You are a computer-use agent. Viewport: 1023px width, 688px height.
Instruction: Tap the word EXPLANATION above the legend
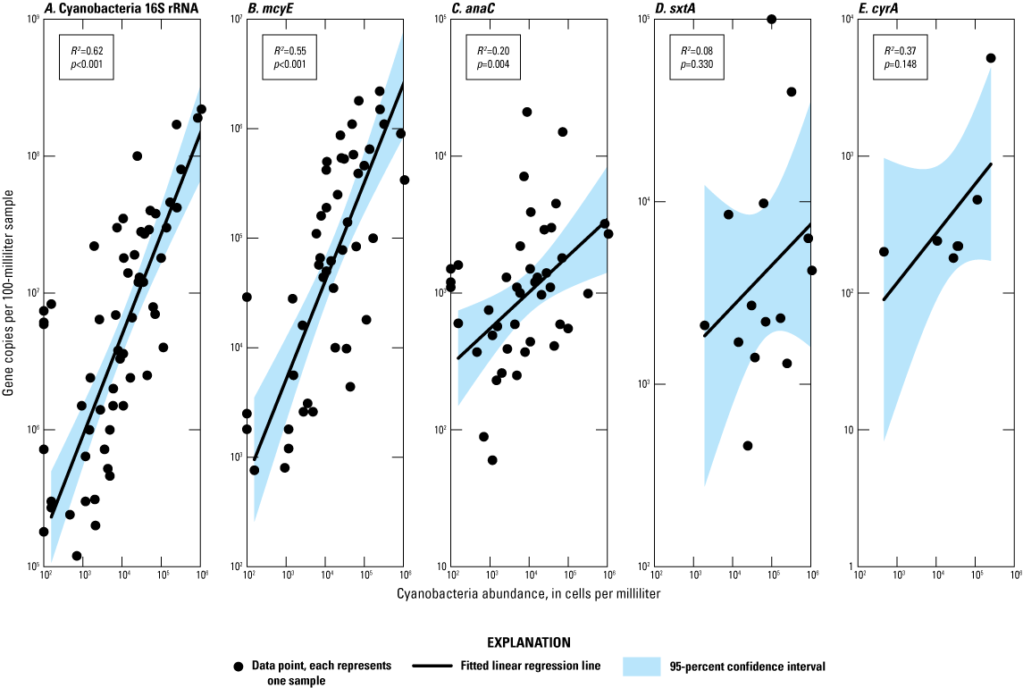[x=512, y=642]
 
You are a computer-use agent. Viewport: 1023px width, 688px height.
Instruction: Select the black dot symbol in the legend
[x=238, y=667]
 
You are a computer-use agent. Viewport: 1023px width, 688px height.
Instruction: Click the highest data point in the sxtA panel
[x=772, y=19]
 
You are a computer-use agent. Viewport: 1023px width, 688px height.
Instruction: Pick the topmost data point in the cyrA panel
[x=990, y=58]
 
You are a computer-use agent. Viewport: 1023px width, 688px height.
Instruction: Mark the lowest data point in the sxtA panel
[x=748, y=446]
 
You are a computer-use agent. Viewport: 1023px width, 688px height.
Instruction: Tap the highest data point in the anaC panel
[x=527, y=112]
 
